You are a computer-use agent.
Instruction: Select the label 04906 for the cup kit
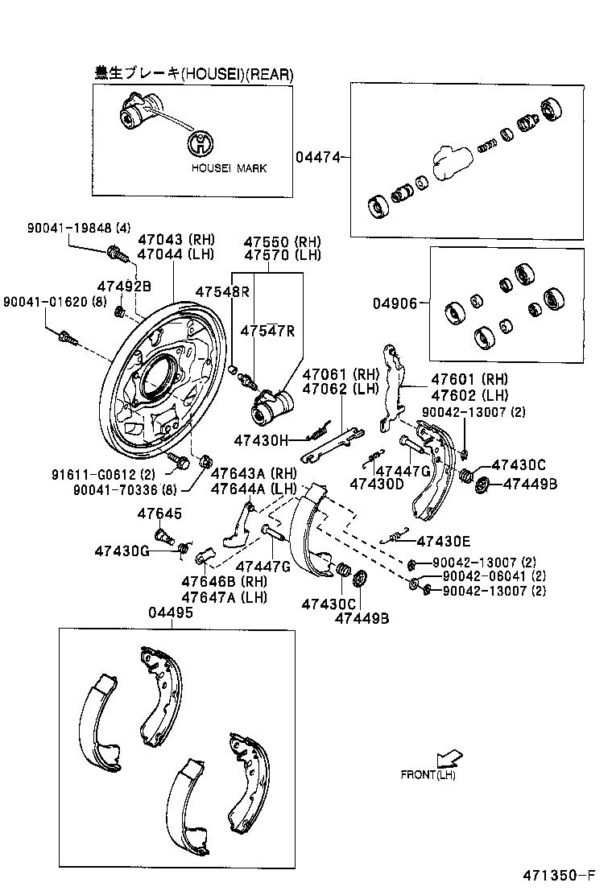(395, 303)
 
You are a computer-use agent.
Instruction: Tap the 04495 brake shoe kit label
(170, 612)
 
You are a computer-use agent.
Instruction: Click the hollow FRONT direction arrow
(449, 757)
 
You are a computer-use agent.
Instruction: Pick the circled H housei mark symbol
(201, 144)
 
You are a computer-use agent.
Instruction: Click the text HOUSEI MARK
(229, 169)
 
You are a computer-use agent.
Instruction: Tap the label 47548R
(222, 291)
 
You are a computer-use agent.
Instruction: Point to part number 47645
(159, 513)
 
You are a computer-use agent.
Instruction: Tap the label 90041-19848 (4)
(67, 228)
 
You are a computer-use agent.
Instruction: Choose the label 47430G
(122, 551)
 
